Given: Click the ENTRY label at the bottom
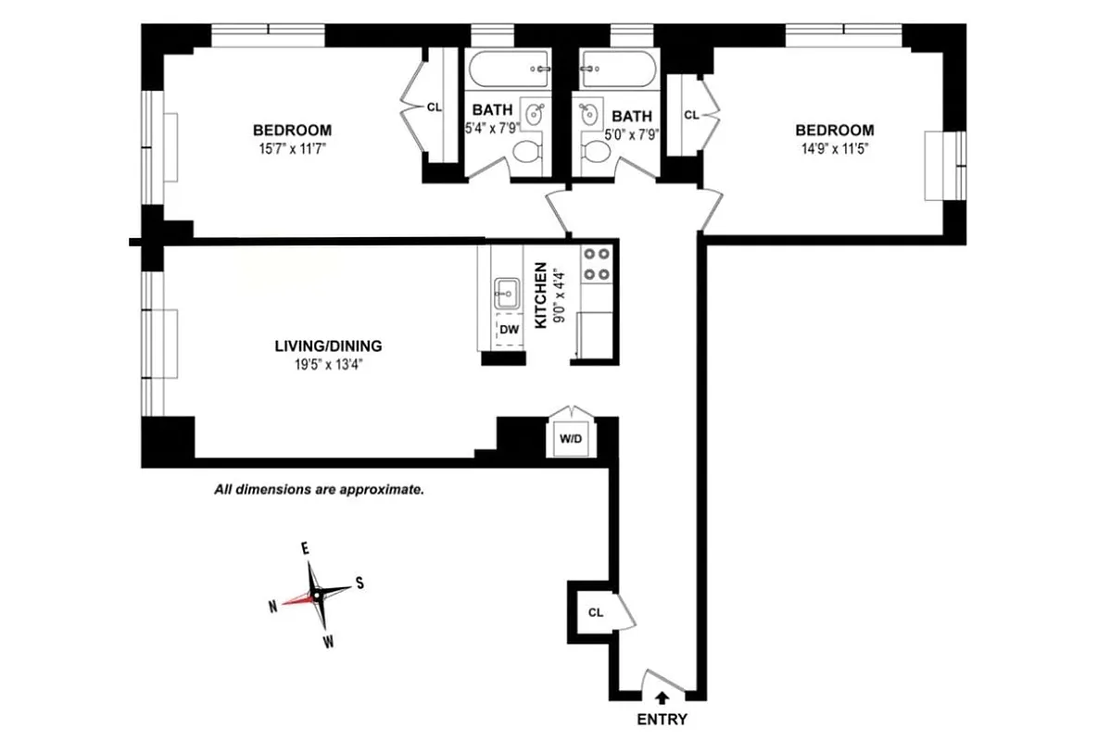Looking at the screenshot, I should coord(662,720).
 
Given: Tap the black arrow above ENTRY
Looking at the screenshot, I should coord(662,697).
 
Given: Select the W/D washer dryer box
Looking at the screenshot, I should coord(570,438).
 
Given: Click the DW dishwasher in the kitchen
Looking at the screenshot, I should coord(509,329).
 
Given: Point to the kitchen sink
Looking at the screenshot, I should coord(506,294).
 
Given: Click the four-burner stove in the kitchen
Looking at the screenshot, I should coord(595,262).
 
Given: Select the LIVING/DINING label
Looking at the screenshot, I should coord(328,346).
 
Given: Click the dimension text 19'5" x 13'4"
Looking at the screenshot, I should coord(328,364).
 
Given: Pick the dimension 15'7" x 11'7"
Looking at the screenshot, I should coord(292,147).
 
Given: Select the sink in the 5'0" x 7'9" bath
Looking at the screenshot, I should coord(589,114).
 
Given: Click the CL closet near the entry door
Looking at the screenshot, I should coord(596,612).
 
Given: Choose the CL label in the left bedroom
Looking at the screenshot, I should coord(434,107).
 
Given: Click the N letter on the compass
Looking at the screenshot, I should coord(273,606).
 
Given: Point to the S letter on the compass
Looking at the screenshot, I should coord(359,584).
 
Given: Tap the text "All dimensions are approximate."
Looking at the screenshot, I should coord(319,489).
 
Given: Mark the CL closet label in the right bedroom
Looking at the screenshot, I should coord(691,115).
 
